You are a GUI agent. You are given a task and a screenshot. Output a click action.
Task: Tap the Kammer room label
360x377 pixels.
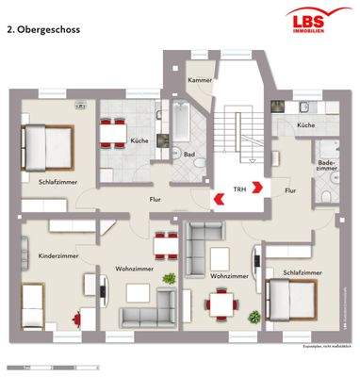198,81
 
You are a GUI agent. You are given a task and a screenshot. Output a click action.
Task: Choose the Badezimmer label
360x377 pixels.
326,166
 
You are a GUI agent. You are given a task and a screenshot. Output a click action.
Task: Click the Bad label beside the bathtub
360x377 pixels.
188,153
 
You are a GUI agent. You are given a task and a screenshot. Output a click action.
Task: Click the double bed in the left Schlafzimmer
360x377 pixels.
44,145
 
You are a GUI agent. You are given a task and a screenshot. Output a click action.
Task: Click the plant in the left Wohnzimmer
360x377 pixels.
170,279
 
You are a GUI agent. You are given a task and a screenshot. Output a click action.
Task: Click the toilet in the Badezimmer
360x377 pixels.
324,191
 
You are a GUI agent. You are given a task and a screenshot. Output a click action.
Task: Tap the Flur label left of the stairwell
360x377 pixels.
155,200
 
